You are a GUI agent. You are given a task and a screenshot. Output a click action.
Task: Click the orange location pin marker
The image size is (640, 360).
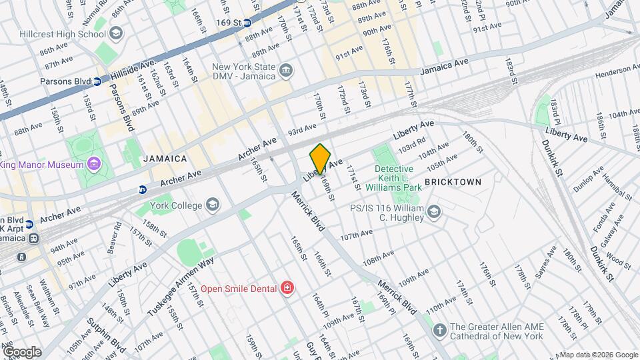[320, 159]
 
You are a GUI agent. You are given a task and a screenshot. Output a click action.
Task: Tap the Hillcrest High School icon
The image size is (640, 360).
[116, 33]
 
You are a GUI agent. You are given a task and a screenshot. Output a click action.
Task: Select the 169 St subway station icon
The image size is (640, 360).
[247, 22]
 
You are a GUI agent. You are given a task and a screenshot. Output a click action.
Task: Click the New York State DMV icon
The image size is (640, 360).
[285, 69]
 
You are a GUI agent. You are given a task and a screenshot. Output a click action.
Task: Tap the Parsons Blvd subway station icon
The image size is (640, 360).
[97, 82]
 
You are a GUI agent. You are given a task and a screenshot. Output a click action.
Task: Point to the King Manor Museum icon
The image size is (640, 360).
[93, 165]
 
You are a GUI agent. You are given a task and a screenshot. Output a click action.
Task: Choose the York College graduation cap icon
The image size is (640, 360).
[213, 204]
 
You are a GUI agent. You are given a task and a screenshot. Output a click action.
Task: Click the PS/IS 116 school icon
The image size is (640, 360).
[434, 213]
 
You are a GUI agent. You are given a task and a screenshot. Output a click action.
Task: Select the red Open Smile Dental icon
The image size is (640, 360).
[287, 288]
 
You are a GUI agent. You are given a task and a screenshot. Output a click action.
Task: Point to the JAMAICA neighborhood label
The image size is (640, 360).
[165, 159]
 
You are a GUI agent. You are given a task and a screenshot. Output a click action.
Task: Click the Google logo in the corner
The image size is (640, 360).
[21, 352]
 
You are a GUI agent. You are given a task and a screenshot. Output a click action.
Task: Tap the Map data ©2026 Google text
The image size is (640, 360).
[598, 355]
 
